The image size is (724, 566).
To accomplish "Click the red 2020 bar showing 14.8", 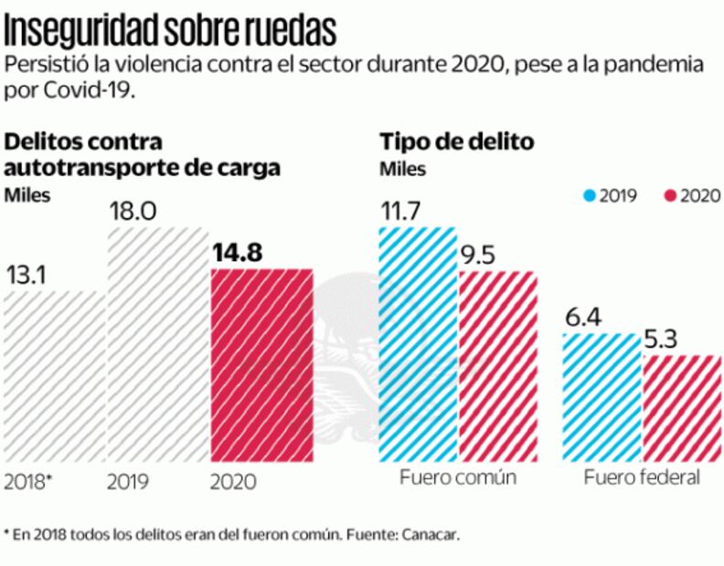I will click(x=261, y=365).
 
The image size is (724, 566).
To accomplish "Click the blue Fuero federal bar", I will click(x=602, y=398).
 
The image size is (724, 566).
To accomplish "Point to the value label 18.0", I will click(x=133, y=212).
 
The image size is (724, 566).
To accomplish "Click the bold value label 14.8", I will click(x=237, y=253).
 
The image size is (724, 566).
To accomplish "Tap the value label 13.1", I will click(x=28, y=275).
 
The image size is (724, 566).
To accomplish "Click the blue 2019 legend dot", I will click(x=590, y=194).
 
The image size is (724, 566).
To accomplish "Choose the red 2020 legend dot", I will click(x=669, y=194).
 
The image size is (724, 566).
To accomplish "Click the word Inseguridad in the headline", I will click(x=82, y=29).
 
